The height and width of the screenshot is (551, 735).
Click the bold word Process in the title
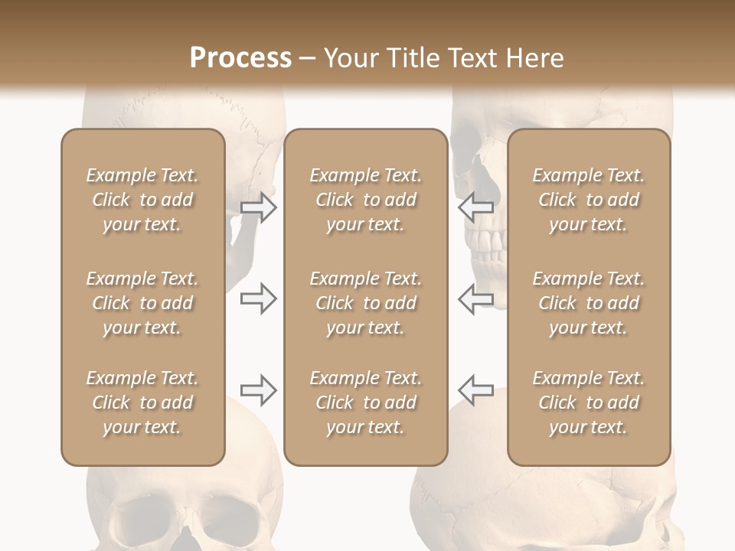click(x=240, y=58)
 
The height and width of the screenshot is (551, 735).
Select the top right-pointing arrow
click(x=258, y=207)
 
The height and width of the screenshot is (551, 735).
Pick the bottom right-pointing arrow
click(x=258, y=390)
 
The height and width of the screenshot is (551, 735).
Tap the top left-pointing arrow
click(x=475, y=207)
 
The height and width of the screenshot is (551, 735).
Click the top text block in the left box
click(x=142, y=200)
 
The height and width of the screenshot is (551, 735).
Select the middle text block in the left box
click(x=142, y=303)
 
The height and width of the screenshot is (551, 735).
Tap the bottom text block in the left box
click(x=142, y=403)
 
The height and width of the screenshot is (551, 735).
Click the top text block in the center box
click(x=365, y=200)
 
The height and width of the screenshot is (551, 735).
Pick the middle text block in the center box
click(x=365, y=303)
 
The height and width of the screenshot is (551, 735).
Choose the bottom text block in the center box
click(x=365, y=403)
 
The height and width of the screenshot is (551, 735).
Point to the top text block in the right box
click(x=588, y=200)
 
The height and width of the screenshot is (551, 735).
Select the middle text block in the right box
click(x=588, y=303)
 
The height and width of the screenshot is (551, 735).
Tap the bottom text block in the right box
click(x=588, y=403)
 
